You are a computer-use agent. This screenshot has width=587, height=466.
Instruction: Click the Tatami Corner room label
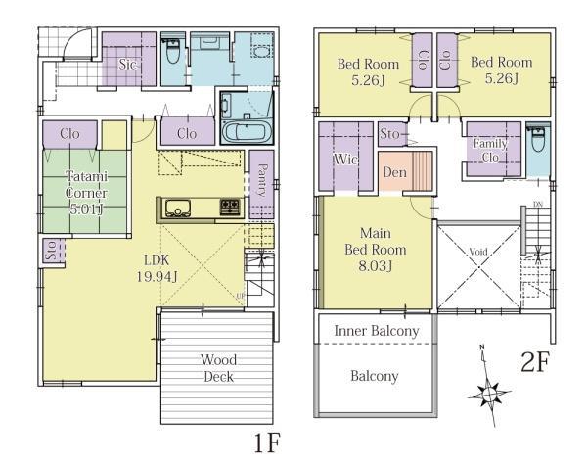coord(86,193)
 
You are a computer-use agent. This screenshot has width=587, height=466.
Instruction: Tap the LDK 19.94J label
coord(157,268)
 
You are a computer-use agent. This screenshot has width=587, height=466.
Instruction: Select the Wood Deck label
coord(218,368)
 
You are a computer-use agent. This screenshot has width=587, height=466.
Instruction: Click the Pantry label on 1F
coord(263,180)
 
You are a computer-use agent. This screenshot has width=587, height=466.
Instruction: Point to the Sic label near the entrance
coord(127,64)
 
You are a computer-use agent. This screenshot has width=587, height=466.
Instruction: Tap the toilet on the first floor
coord(172,51)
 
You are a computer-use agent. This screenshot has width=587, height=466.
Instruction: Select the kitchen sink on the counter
coord(177,208)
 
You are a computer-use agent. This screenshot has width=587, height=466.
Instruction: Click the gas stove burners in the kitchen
coord(230,208)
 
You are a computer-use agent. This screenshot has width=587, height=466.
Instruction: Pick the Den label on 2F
coord(394,172)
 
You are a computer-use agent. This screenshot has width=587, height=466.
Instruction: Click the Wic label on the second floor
coord(345,160)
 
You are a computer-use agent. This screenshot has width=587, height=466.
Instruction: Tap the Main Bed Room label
coord(376,250)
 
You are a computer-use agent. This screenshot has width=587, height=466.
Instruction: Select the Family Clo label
coord(490,150)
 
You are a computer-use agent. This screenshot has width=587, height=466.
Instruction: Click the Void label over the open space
coord(478,252)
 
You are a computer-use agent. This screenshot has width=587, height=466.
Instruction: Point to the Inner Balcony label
coord(377,331)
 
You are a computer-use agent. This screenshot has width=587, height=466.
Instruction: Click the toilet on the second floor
coord(538,139)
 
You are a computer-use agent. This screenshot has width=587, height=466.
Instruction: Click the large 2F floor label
coord(534,362)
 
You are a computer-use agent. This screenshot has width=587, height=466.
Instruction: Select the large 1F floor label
coord(267,443)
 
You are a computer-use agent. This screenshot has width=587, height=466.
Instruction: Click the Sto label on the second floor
coord(389,133)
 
